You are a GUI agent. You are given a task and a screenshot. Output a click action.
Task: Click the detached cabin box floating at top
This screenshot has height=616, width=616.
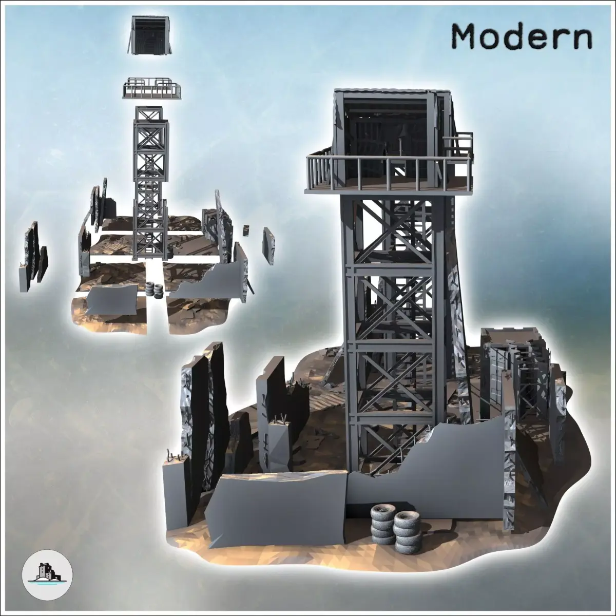[150, 36]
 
